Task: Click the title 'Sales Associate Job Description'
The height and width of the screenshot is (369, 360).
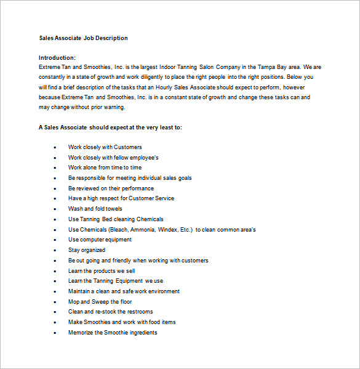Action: pos(84,38)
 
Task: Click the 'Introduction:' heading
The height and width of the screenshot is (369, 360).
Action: pos(57,58)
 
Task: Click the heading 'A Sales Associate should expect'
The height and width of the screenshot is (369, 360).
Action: pos(111,128)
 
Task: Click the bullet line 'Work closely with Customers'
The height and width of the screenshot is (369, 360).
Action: pos(105,147)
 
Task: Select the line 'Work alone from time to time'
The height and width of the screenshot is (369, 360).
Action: pos(105,168)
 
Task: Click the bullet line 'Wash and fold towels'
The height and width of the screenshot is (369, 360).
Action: pos(95,209)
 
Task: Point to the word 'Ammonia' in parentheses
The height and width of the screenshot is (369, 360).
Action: pos(148,230)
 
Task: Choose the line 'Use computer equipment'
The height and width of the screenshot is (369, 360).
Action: pos(100,240)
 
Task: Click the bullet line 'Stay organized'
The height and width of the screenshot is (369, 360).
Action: pos(87,250)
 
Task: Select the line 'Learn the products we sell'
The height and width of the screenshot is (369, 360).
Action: pos(102,271)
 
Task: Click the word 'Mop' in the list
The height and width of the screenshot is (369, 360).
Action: pos(73,302)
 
